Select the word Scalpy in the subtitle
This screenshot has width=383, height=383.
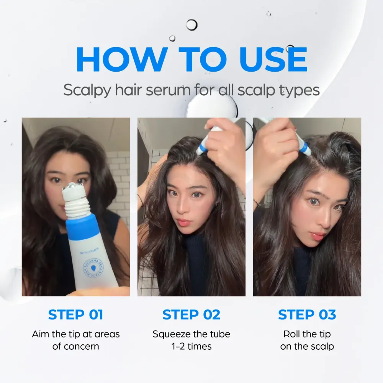(86, 90)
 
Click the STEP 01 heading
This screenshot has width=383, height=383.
(75, 314)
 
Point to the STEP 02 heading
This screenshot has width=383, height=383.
(191, 314)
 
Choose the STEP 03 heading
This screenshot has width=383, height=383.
(307, 314)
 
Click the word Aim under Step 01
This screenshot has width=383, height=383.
(41, 334)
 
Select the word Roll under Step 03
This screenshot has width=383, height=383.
(291, 334)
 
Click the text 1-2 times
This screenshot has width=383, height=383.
(191, 347)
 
